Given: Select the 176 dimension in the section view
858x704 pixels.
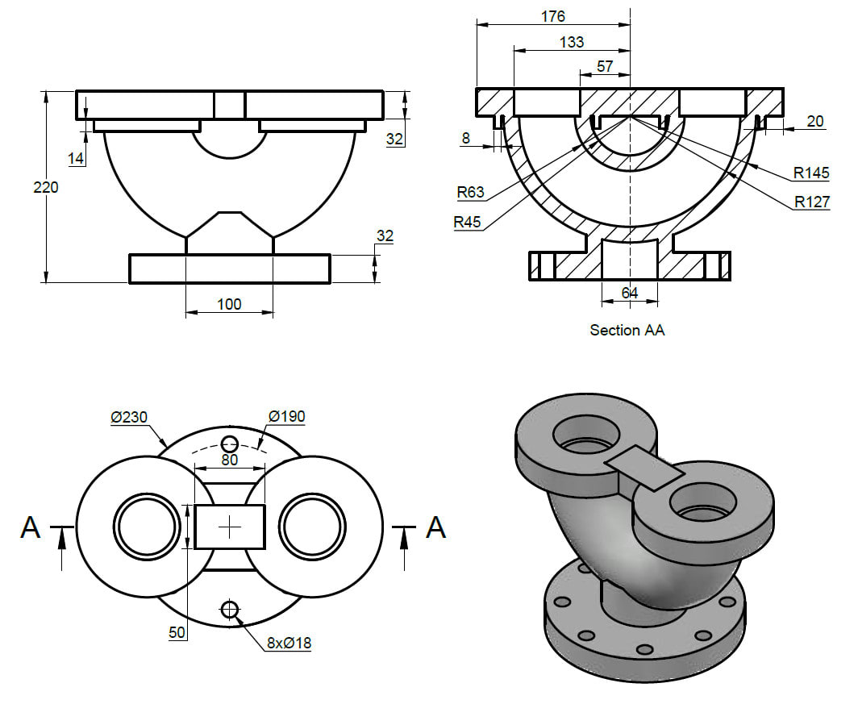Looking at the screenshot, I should click(552, 16).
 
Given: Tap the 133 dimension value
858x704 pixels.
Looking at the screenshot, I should click(571, 43).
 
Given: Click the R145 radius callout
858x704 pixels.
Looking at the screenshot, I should click(810, 173).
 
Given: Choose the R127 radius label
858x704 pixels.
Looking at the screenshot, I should click(811, 202).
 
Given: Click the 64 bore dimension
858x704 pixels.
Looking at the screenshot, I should click(629, 294).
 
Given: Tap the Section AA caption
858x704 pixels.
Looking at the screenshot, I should click(627, 330).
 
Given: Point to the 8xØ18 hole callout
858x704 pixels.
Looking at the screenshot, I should click(289, 643).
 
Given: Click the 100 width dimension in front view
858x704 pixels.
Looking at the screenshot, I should click(229, 304).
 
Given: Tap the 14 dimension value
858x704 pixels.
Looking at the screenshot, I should click(77, 159).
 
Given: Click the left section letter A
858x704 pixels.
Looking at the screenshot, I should click(30, 527).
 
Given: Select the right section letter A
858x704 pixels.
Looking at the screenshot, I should click(435, 527).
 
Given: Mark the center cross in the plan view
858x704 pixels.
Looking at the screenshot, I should click(230, 527).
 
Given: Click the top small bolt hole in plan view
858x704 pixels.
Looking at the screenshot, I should click(230, 443).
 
